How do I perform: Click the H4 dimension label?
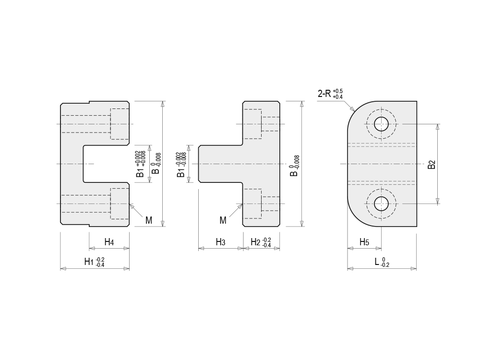pos(109,242)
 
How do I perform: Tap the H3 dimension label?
pos(220,242)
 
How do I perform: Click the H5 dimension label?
pos(364,242)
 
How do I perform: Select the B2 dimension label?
pos(432,164)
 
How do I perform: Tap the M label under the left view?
pos(149,220)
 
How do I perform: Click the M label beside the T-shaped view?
pos(223,220)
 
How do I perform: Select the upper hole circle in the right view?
pos(382,124)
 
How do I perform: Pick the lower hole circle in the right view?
pos(382,204)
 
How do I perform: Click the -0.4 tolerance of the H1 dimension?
pos(100,265)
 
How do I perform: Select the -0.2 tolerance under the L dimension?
pos(385,265)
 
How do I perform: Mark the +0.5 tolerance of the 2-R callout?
pos(338,91)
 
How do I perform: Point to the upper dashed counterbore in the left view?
pos(120,124)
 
